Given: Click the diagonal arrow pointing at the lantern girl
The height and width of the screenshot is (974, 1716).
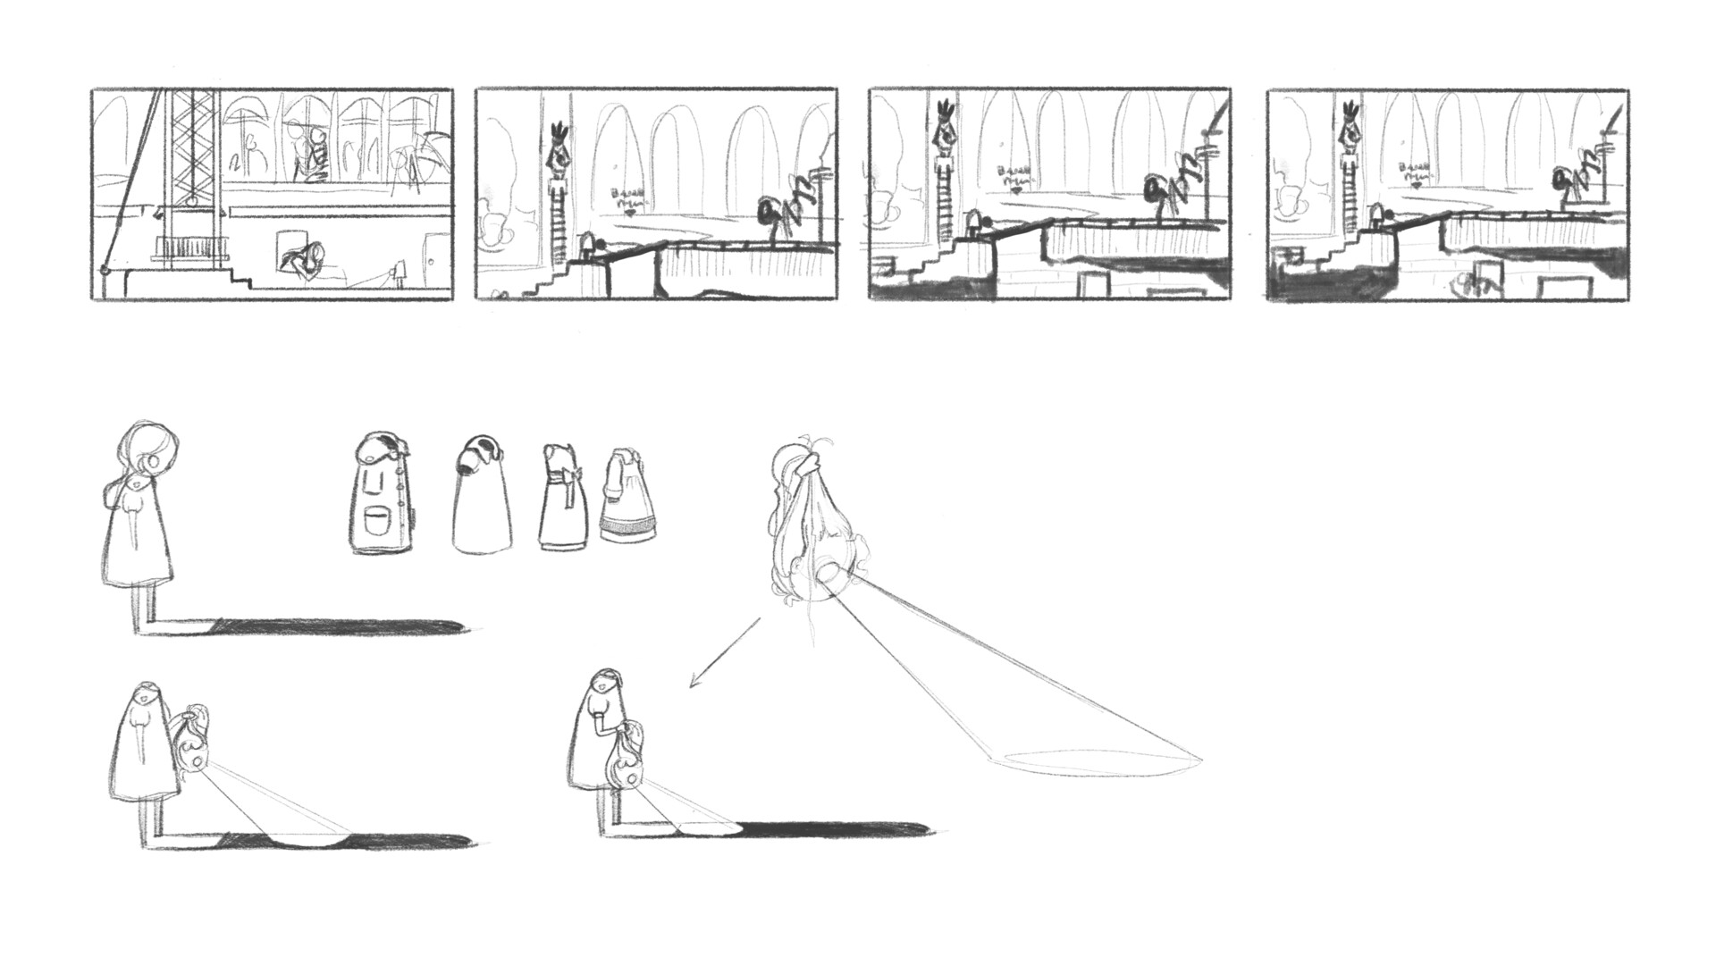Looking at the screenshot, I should click(x=724, y=652).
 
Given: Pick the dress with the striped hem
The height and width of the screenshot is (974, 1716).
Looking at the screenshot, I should click(x=630, y=505).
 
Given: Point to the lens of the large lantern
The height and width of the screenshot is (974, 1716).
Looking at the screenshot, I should click(x=827, y=573).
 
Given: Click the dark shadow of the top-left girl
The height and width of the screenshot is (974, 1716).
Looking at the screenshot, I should click(x=340, y=626).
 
